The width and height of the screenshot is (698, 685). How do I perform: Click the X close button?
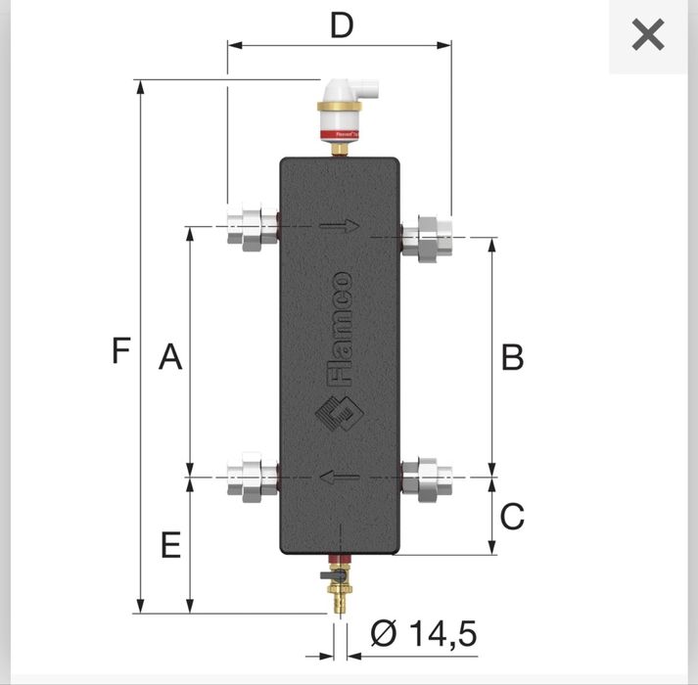pyautogui.click(x=648, y=36)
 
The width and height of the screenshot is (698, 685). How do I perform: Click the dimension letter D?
pyautogui.click(x=341, y=25)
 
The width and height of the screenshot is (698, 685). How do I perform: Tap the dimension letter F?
pyautogui.click(x=120, y=350)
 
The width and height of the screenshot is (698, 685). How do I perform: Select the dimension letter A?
pyautogui.click(x=170, y=358)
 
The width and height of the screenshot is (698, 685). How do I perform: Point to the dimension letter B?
pyautogui.click(x=512, y=358)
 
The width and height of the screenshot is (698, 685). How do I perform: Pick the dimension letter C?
pyautogui.click(x=512, y=516)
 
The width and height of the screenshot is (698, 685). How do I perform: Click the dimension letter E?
pyautogui.click(x=170, y=546)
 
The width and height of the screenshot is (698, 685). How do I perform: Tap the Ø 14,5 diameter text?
pyautogui.click(x=423, y=634)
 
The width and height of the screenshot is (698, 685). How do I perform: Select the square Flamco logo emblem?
pyautogui.click(x=337, y=419)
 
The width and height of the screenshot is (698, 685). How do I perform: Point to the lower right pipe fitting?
pyautogui.click(x=429, y=478)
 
